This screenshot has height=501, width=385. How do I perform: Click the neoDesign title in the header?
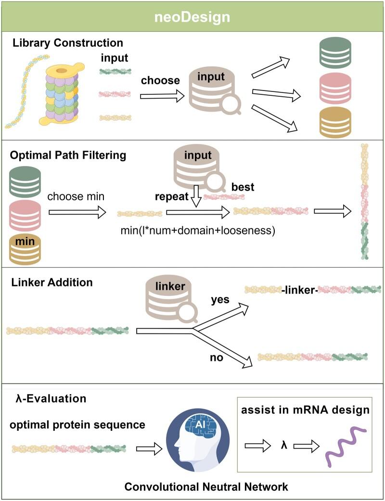tap(192, 17)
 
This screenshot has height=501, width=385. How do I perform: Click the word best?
tap(244, 186)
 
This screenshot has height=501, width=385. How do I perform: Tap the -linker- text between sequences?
tap(298, 290)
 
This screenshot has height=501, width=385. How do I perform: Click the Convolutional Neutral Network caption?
tap(206, 487)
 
